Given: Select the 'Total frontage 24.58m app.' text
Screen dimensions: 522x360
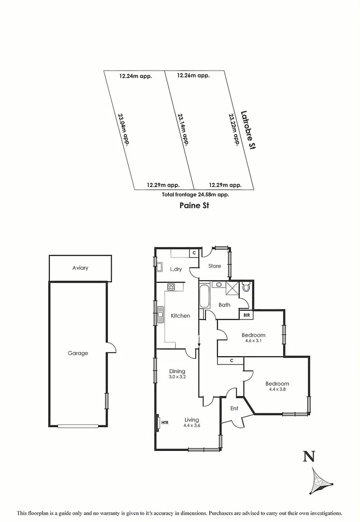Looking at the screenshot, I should pos(195,194).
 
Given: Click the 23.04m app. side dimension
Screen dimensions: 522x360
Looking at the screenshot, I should pos(124,129).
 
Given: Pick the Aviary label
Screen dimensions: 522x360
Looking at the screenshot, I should pos(80,268).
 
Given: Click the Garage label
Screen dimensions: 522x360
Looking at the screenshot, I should pos(78,353).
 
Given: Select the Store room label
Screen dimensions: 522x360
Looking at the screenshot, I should pos(215,266).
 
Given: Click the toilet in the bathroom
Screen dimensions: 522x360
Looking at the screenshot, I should pos(246,288).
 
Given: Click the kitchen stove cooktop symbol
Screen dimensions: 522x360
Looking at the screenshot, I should pos(171,287).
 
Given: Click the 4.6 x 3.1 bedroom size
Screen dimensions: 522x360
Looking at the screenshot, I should pos(253,341).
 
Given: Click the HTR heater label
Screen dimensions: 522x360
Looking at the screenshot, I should pos(165,422).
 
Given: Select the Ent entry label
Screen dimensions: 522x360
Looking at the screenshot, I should pos(234,408).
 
